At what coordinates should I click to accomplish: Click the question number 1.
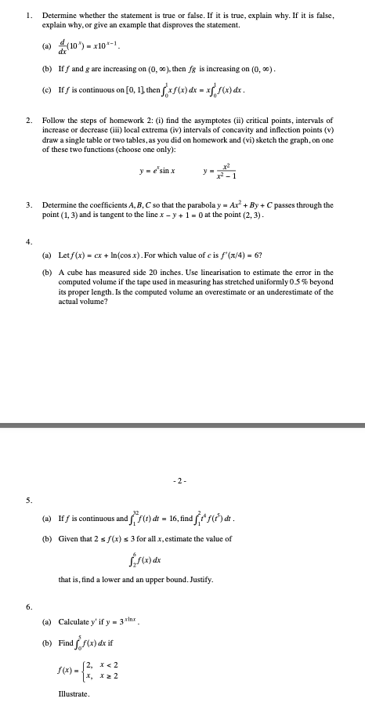(x=28, y=15)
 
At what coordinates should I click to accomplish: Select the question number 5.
(x=28, y=501)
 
